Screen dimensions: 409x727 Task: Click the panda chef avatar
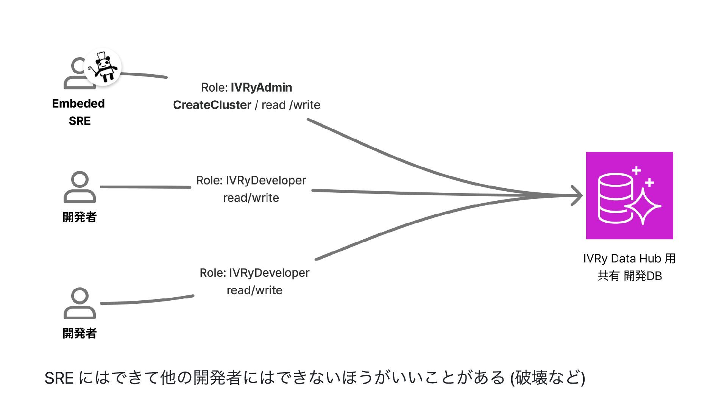[103, 67]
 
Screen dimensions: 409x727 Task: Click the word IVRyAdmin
[261, 87]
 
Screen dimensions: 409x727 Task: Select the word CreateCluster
[212, 105]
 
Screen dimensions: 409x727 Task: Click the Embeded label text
[78, 103]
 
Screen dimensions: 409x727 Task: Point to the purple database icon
[629, 195]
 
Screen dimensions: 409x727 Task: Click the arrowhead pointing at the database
[577, 196]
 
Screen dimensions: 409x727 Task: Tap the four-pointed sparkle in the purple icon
[643, 206]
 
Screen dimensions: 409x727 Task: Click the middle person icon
[80, 187]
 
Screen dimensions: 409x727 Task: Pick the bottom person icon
[80, 303]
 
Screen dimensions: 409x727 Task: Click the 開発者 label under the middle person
[80, 217]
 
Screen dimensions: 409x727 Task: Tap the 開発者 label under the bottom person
[80, 333]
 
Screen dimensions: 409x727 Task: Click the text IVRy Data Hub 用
[629, 259]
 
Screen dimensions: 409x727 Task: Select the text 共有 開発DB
[629, 276]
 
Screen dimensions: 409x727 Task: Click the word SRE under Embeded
[80, 121]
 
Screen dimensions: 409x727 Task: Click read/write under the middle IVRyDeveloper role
[251, 198]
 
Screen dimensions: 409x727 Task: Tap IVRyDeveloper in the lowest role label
[269, 273]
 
